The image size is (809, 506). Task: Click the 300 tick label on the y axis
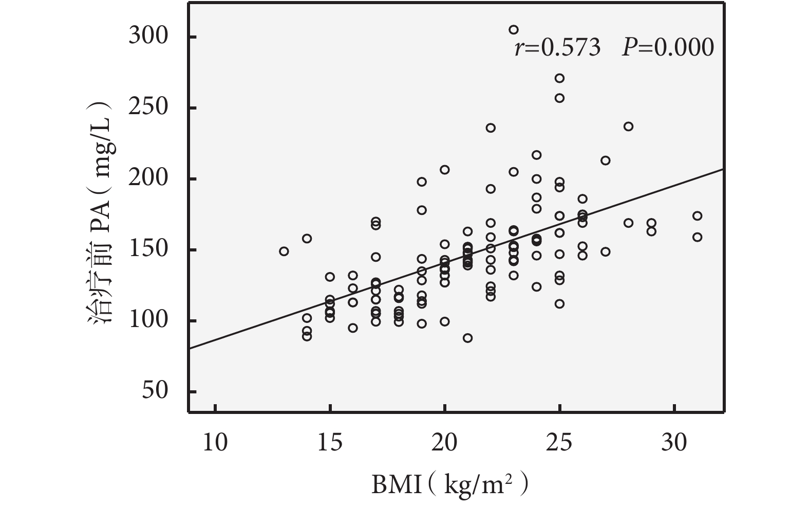click(x=149, y=37)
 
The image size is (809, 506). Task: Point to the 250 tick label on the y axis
click(x=149, y=108)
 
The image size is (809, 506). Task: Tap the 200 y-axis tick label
click(x=149, y=179)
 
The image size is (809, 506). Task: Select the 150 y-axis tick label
click(x=149, y=250)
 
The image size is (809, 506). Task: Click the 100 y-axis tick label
click(x=149, y=321)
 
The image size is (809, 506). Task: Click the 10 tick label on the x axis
click(x=215, y=442)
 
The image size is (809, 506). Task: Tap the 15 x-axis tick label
click(x=330, y=442)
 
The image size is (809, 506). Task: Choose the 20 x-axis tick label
click(x=445, y=442)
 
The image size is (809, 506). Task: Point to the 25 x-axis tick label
click(x=559, y=442)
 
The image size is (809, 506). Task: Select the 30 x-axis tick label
click(x=674, y=442)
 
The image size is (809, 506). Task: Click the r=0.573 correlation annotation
click(x=557, y=48)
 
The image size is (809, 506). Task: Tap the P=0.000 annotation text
click(x=668, y=48)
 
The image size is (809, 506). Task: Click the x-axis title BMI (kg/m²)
click(x=449, y=484)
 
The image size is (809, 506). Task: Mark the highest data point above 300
click(x=514, y=30)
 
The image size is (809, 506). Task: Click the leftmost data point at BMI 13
click(x=284, y=251)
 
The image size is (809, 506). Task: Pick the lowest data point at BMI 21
click(x=467, y=338)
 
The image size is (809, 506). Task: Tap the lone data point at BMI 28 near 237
click(x=628, y=127)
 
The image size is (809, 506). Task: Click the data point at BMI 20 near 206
click(x=445, y=170)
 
